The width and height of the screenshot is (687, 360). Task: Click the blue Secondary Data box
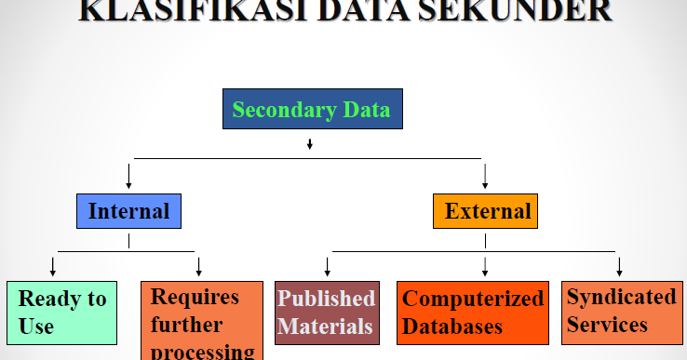click(x=313, y=110)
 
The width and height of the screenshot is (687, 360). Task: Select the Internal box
click(x=128, y=211)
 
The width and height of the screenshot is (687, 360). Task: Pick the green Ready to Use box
click(x=61, y=313)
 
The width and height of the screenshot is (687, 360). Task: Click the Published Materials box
click(x=327, y=313)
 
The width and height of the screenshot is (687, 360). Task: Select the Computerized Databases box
click(x=473, y=313)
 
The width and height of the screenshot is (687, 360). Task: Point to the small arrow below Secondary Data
click(x=309, y=144)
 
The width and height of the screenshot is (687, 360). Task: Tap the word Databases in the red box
click(x=452, y=327)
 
